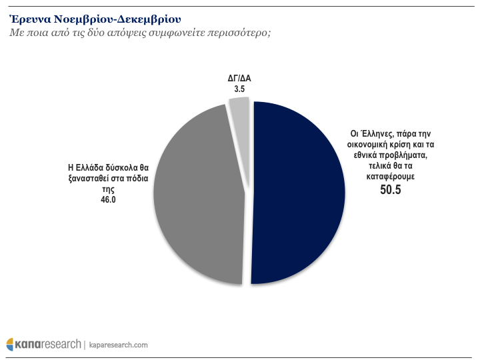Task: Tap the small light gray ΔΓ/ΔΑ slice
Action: point(239,111)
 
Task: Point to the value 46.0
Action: point(108,199)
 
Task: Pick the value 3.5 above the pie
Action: point(239,88)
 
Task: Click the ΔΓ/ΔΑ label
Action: point(239,79)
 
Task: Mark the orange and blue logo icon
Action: point(10,344)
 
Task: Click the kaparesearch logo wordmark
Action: point(47,344)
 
